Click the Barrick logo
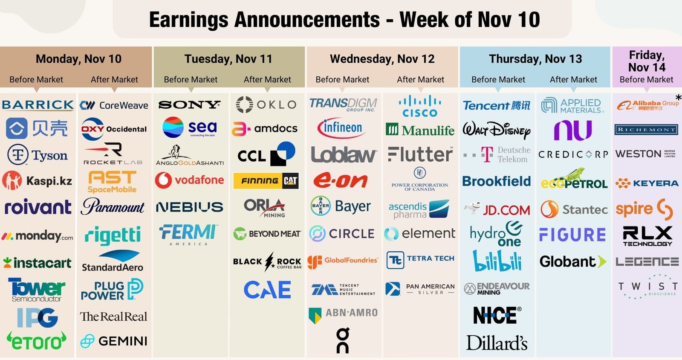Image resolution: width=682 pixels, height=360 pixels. pos(38,105)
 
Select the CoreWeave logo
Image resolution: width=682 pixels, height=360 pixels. pos(114,105)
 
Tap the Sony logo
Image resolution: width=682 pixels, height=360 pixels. pos(189,105)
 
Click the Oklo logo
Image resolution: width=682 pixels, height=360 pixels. pos(266,105)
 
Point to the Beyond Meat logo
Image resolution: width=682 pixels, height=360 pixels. pos(267,234)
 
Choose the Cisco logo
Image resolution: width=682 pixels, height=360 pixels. pos(420,107)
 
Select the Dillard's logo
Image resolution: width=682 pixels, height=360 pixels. pos(497,343)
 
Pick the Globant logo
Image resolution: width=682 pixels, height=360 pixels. pos(572,261)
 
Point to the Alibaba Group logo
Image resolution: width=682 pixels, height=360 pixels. pos(647,105)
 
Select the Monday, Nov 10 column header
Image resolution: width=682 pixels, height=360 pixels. pos(78,59)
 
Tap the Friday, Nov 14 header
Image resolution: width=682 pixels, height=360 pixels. pos(647,61)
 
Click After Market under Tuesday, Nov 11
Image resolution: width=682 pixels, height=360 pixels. pos(267,80)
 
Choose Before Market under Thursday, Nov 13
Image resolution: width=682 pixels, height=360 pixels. pos(498,80)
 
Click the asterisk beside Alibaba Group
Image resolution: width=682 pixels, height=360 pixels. pos(678,98)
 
